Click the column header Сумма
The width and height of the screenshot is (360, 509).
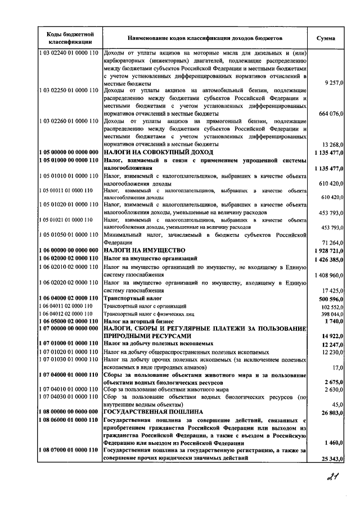(x=326, y=38)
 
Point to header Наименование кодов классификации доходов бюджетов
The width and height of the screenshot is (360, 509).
(x=205, y=38)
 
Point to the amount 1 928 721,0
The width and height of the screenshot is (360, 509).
(x=325, y=250)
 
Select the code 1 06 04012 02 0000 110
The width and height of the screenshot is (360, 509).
(x=66, y=313)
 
